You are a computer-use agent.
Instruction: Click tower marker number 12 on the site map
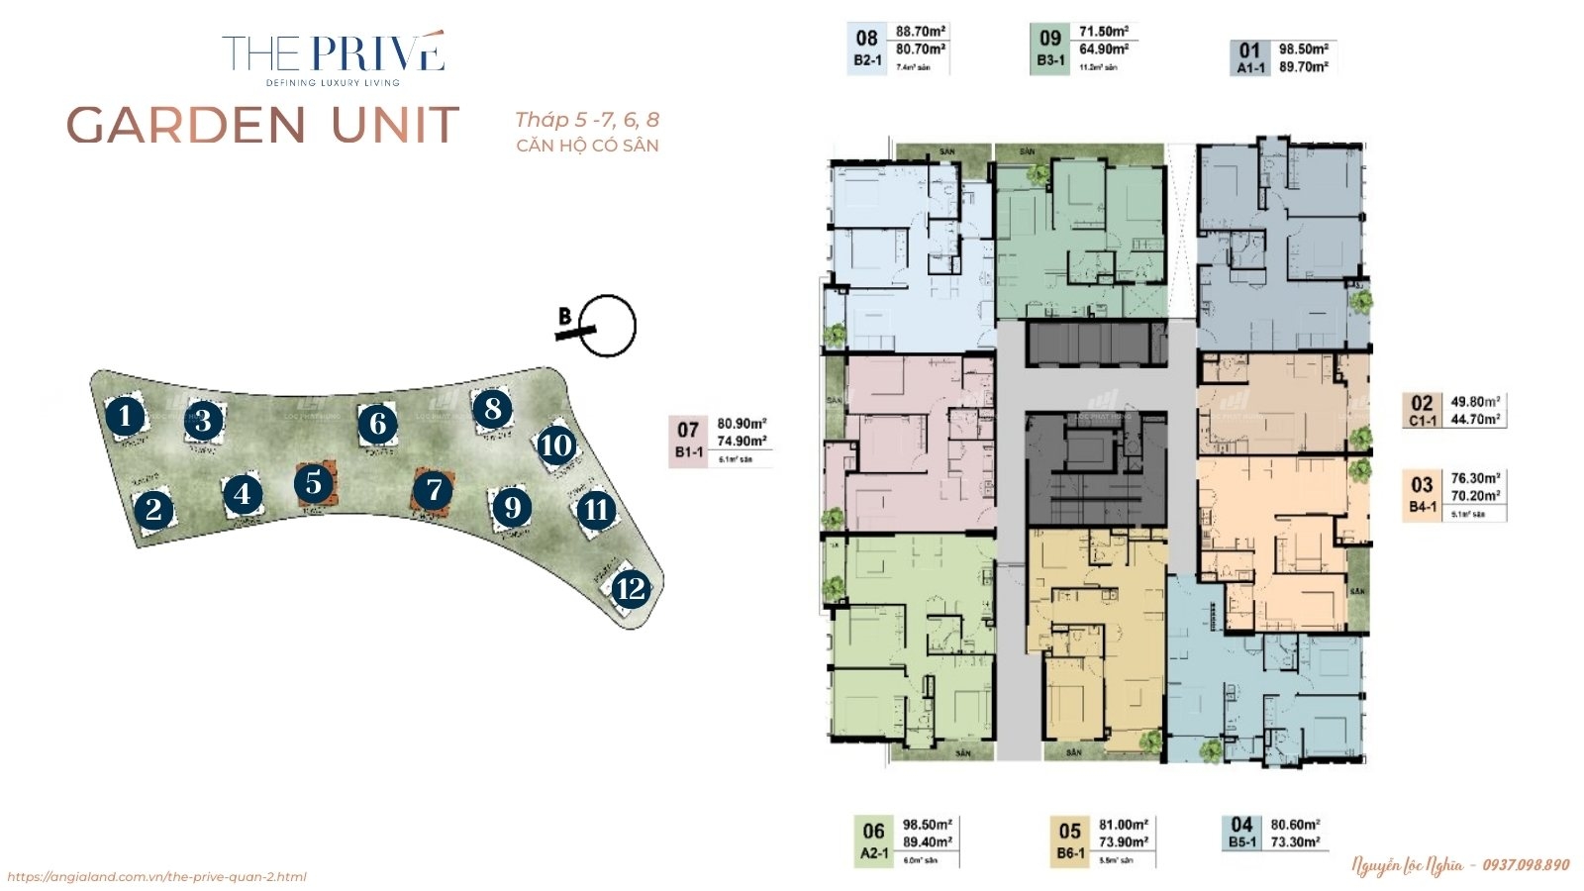point(630,590)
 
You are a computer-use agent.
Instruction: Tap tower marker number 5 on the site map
point(314,483)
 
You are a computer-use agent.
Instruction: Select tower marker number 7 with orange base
point(433,489)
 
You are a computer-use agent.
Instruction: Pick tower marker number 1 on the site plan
point(125,416)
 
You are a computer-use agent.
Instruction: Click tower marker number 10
point(556,445)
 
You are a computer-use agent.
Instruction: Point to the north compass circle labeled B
point(607,326)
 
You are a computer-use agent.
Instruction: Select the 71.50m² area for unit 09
point(1103,32)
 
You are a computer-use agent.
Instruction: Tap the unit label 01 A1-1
point(1250,57)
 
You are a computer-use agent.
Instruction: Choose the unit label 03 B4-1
point(1423,493)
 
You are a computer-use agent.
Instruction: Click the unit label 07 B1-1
point(688,441)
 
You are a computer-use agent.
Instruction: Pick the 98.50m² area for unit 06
point(927,825)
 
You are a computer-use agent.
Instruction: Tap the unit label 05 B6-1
point(1069,841)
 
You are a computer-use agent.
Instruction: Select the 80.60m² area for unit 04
point(1295,825)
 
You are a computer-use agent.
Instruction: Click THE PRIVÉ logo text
point(333,53)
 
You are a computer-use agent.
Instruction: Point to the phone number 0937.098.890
point(1526,865)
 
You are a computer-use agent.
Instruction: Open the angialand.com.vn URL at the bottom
point(156,876)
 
